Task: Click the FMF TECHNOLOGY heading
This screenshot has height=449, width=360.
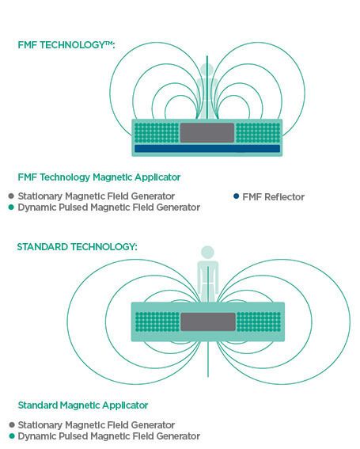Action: (66, 45)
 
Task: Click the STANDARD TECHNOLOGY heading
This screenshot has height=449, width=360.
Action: (77, 246)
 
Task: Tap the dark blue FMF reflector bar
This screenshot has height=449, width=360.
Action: (207, 148)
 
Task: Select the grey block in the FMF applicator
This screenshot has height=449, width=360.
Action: (207, 133)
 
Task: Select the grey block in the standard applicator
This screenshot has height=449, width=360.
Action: (208, 322)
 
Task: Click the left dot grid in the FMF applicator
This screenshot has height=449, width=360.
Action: (157, 133)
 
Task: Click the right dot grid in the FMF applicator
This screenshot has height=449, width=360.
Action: (258, 133)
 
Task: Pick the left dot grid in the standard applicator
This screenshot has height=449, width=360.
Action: (157, 322)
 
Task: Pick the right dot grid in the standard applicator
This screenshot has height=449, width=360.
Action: (259, 322)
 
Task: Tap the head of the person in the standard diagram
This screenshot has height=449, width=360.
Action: (208, 252)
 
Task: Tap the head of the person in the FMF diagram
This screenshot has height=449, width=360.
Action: (207, 70)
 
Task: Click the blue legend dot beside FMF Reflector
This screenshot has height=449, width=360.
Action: (236, 196)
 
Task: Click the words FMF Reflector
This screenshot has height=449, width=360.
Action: (273, 197)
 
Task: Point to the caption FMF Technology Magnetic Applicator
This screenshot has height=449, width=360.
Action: (99, 177)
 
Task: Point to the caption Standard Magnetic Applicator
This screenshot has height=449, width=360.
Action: (83, 405)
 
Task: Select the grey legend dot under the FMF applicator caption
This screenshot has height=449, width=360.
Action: (11, 196)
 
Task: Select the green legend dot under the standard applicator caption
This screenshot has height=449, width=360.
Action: (12, 436)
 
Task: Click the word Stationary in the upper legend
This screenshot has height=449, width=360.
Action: (40, 196)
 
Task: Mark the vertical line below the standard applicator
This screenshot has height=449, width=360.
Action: (208, 359)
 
